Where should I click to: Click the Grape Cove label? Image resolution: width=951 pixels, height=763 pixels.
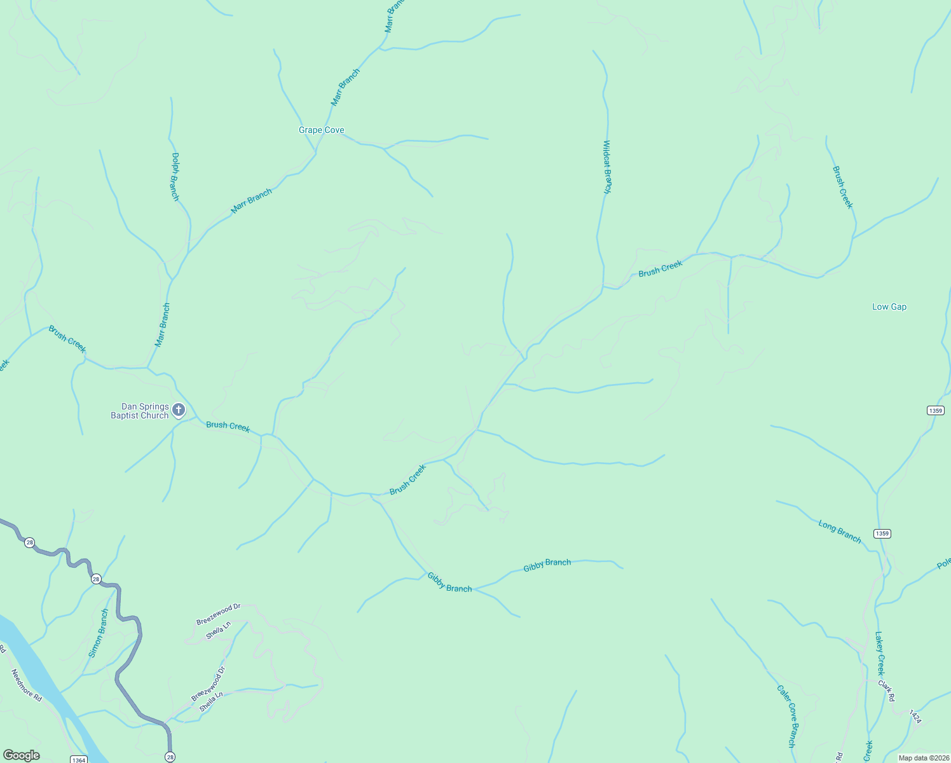(322, 130)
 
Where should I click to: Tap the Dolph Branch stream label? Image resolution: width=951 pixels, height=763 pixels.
(175, 177)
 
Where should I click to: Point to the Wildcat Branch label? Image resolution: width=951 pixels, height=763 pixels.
(607, 167)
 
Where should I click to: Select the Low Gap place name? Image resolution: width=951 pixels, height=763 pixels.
(889, 307)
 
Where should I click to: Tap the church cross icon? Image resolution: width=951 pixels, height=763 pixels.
(179, 410)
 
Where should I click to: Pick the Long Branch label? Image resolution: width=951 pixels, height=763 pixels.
(839, 532)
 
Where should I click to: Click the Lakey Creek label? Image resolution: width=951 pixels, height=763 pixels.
(879, 653)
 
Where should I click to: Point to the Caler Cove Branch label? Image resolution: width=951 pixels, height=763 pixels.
(786, 715)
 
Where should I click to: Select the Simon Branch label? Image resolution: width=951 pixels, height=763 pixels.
(99, 633)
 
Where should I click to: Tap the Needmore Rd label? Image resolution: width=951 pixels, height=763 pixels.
(26, 685)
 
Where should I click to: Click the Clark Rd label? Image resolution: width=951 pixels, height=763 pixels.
(887, 691)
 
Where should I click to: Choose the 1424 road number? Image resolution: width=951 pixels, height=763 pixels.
(915, 717)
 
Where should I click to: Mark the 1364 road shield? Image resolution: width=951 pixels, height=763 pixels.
(78, 760)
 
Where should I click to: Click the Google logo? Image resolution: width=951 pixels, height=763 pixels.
(22, 755)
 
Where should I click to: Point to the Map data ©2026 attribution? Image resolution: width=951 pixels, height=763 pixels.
(923, 758)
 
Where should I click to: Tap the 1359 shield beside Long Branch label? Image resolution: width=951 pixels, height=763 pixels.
(882, 533)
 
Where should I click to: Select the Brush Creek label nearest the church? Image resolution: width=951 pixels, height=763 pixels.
(228, 427)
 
